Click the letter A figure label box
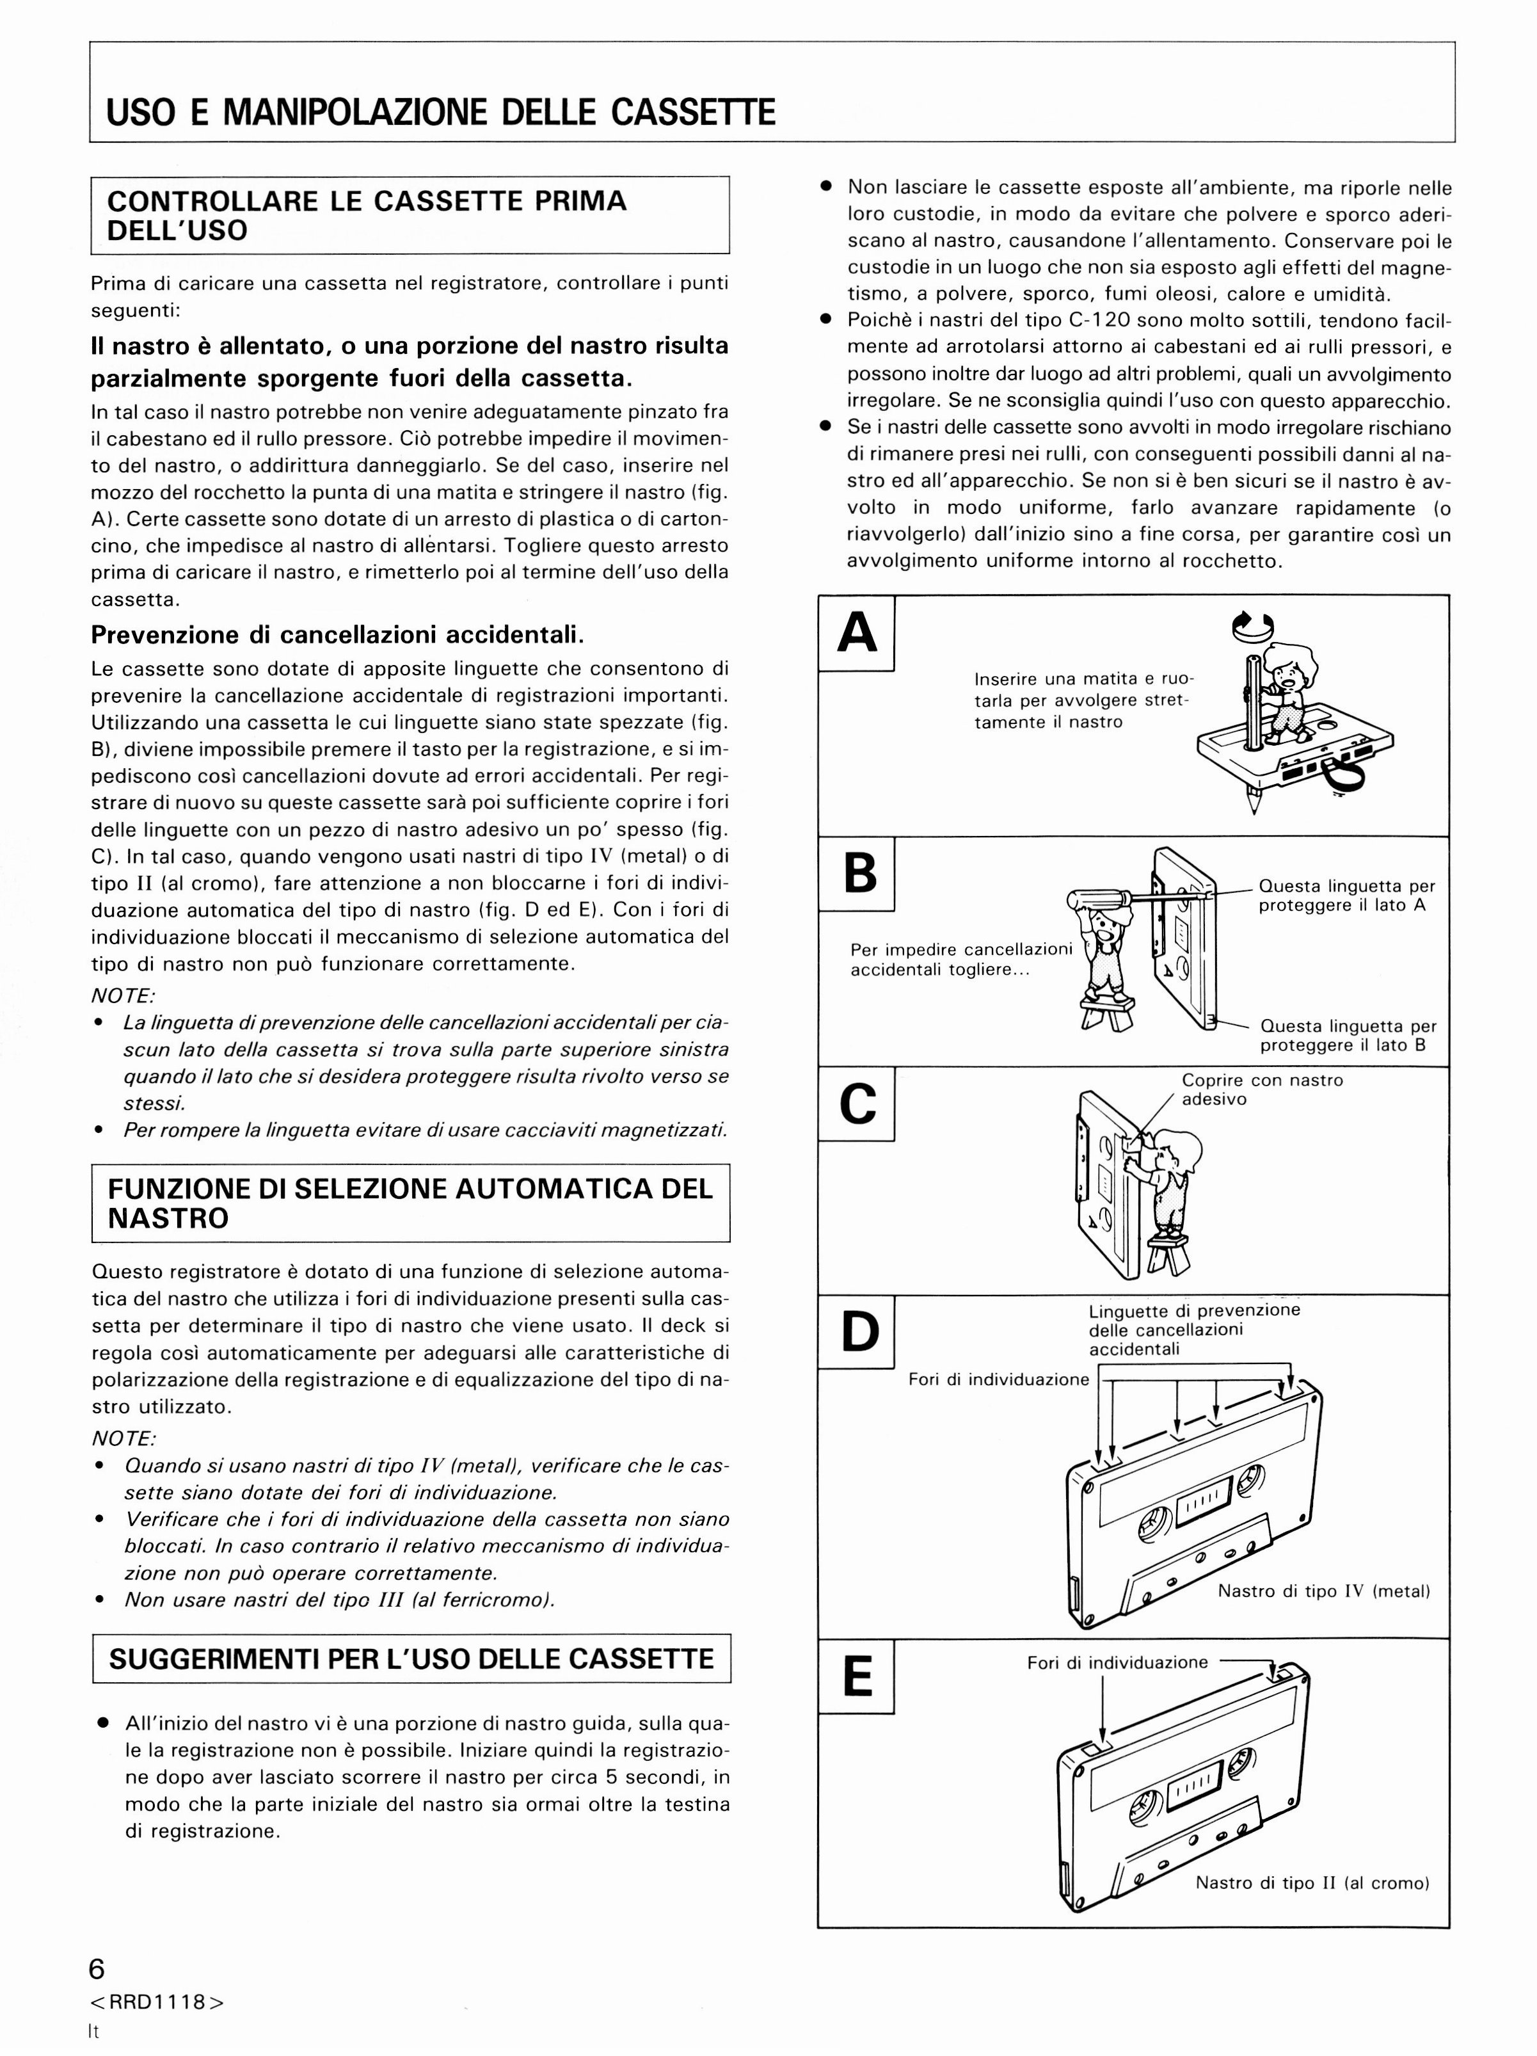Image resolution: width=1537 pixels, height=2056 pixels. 856,633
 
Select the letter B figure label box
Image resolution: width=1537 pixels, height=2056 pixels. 856,874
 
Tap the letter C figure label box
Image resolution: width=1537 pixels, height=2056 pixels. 856,1104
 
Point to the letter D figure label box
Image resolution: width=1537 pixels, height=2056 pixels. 856,1332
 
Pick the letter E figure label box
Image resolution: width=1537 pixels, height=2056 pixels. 856,1676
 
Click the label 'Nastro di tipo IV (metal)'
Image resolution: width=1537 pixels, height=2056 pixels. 1323,1591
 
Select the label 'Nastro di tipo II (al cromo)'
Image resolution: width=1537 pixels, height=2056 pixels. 1312,1883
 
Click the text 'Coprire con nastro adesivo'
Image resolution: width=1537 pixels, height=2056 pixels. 1262,1089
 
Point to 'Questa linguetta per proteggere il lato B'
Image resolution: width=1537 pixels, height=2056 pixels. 1348,1036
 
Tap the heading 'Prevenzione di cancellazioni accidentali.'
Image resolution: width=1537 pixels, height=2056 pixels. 337,636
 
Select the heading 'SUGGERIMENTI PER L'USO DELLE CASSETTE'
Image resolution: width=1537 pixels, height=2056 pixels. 411,1660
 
